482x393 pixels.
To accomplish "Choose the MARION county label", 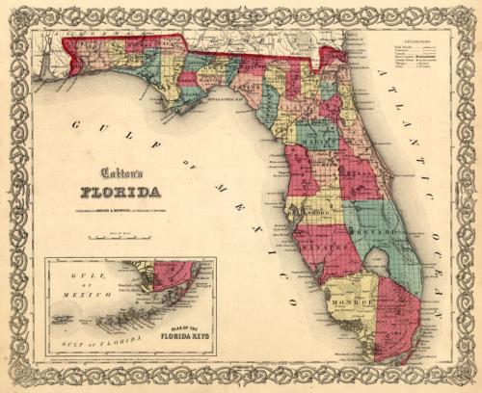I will click(x=313, y=146).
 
